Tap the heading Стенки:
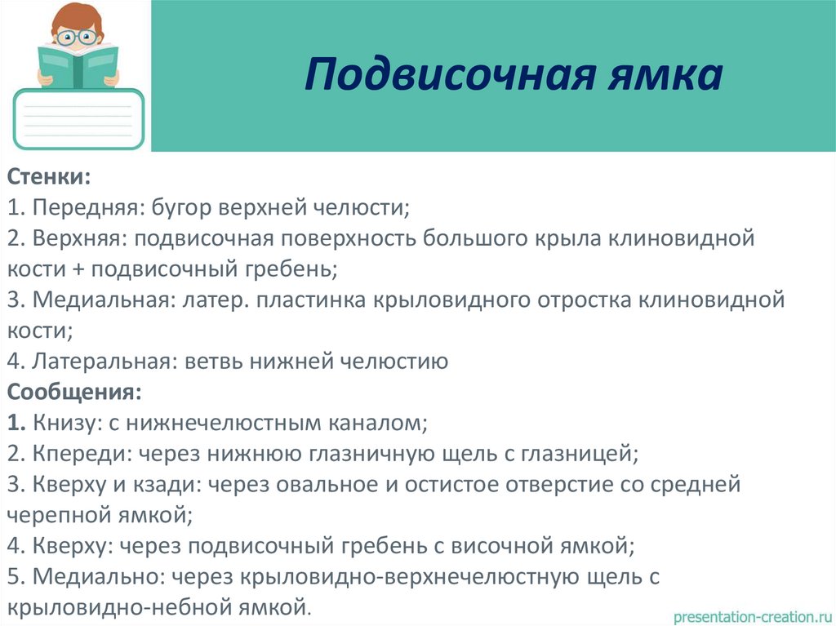click(50, 175)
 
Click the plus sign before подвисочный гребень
click(79, 269)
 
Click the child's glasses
click(78, 36)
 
